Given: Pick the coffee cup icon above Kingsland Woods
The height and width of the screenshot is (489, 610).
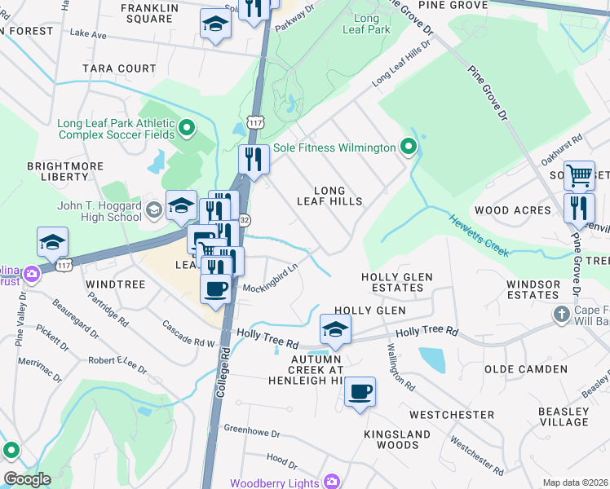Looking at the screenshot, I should click(x=359, y=392).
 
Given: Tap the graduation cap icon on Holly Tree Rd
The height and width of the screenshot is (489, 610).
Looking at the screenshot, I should click(x=334, y=329).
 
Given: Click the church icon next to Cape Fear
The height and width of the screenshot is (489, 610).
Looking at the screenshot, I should click(x=560, y=314).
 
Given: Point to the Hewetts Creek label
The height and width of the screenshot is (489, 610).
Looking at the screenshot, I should click(x=479, y=234).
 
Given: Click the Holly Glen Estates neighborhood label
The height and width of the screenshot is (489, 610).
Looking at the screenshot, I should click(x=396, y=283).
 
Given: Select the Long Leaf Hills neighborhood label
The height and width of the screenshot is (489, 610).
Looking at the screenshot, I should click(x=329, y=196).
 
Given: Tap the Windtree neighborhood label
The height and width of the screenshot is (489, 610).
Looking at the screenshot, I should click(x=115, y=284).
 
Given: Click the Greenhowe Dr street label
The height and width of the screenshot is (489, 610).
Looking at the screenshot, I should click(x=252, y=429).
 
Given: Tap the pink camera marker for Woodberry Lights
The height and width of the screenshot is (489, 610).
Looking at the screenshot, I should click(x=331, y=482).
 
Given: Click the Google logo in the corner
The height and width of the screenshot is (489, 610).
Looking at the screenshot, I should click(x=26, y=479).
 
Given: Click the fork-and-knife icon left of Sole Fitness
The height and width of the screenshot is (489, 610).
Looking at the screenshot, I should click(x=254, y=159).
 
